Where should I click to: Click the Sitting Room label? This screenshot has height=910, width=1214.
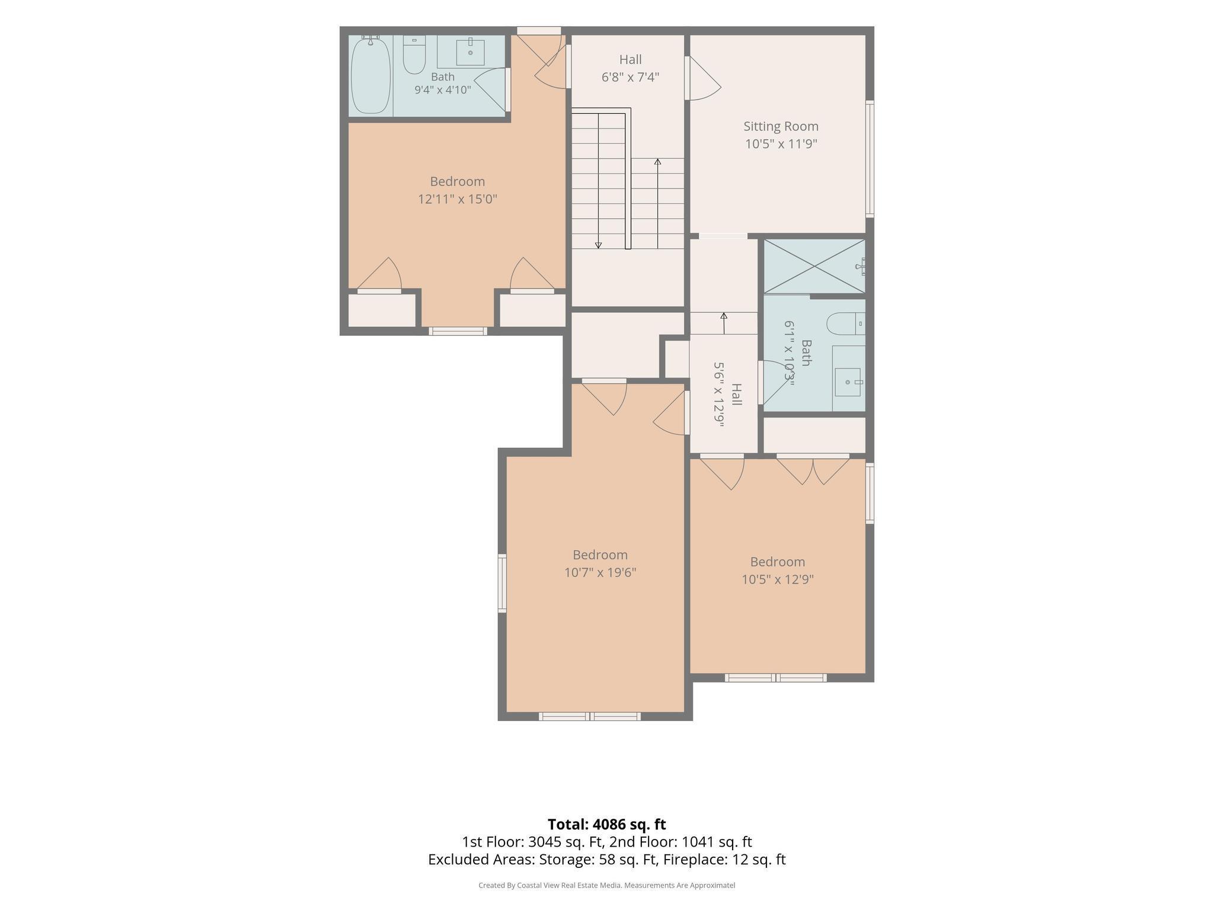pyautogui.click(x=781, y=126)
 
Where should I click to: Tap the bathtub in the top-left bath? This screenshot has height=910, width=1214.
pyautogui.click(x=370, y=75)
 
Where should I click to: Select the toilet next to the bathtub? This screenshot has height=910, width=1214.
pyautogui.click(x=414, y=55)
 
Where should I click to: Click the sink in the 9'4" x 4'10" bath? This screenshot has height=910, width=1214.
pyautogui.click(x=470, y=53)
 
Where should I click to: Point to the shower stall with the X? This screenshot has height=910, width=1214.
pyautogui.click(x=814, y=266)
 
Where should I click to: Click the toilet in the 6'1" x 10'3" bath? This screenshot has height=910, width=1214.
pyautogui.click(x=846, y=323)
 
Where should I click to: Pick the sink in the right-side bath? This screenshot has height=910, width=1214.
pyautogui.click(x=849, y=382)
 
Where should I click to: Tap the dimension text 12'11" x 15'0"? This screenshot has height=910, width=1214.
pyautogui.click(x=457, y=199)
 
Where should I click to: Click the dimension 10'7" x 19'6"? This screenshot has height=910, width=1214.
pyautogui.click(x=600, y=573)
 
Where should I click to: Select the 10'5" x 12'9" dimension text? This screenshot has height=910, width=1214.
pyautogui.click(x=777, y=579)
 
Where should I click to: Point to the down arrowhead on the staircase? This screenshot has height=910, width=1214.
pyautogui.click(x=598, y=245)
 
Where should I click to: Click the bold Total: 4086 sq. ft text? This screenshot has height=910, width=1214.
pyautogui.click(x=606, y=824)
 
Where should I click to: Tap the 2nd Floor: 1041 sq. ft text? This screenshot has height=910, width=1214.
pyautogui.click(x=681, y=842)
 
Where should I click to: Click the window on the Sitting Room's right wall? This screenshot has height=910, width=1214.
pyautogui.click(x=870, y=158)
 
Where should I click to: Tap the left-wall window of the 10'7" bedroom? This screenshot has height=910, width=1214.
pyautogui.click(x=502, y=583)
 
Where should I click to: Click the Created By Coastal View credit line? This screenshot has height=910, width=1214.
pyautogui.click(x=606, y=885)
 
